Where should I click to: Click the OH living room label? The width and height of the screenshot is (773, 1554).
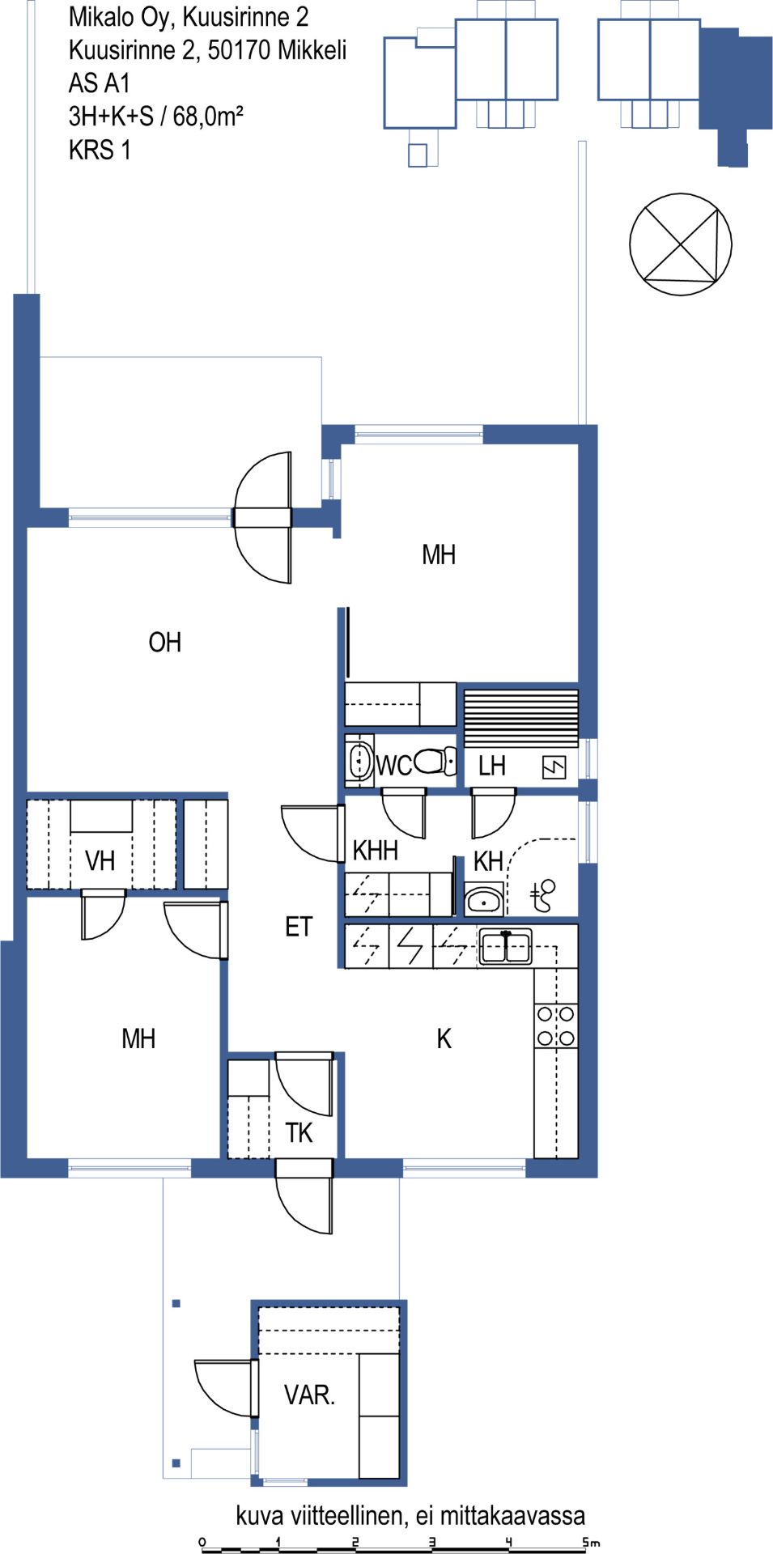pyautogui.click(x=165, y=643)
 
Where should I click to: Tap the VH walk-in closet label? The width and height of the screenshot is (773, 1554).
pyautogui.click(x=100, y=860)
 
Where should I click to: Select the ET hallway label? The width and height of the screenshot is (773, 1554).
pyautogui.click(x=299, y=927)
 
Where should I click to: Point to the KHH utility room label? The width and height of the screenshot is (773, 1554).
pyautogui.click(x=376, y=850)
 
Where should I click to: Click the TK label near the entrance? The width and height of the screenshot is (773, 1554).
pyautogui.click(x=299, y=1132)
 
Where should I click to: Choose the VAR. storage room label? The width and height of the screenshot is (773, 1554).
pyautogui.click(x=309, y=1395)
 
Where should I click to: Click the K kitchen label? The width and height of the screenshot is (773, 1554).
pyautogui.click(x=444, y=1038)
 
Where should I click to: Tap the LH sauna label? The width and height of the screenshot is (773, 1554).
pyautogui.click(x=491, y=766)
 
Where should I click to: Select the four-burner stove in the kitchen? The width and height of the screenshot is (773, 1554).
pyautogui.click(x=556, y=1025)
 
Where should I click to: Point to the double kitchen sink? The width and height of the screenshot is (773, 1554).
pyautogui.click(x=505, y=946)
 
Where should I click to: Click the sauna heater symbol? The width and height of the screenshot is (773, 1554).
pyautogui.click(x=554, y=766)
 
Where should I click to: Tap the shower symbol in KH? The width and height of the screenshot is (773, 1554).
pyautogui.click(x=543, y=895)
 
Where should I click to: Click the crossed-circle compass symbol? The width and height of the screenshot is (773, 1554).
pyautogui.click(x=681, y=244)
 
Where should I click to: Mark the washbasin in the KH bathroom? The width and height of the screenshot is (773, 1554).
pyautogui.click(x=484, y=900)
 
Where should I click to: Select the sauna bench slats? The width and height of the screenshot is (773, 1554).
pyautogui.click(x=521, y=717)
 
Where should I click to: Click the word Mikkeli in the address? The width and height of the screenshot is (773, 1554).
pyautogui.click(x=312, y=50)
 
